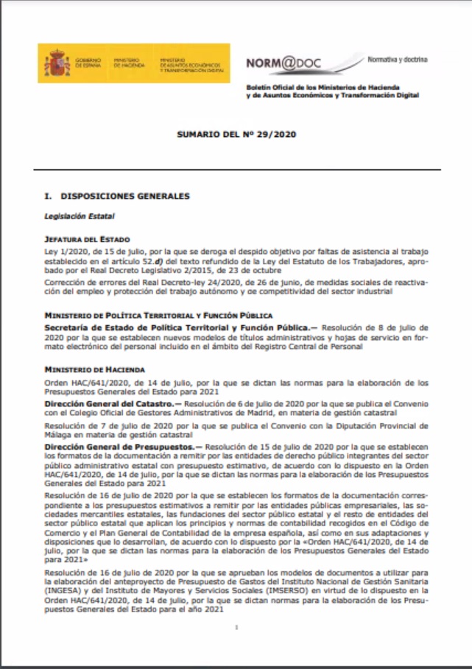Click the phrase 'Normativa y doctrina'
tap(397, 58)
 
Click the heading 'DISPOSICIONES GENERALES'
tap(125, 197)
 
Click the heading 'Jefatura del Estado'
tap(88, 239)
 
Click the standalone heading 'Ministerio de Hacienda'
tap(94, 368)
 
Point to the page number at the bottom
tap(236, 628)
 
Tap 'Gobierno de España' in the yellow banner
tap(88, 63)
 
